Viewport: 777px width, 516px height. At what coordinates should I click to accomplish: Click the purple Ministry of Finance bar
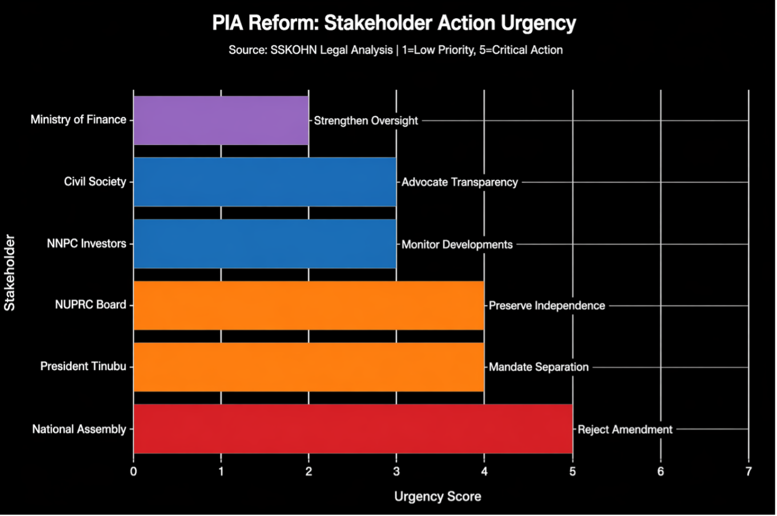tap(221, 120)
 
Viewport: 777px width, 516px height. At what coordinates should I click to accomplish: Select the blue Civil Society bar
tap(265, 182)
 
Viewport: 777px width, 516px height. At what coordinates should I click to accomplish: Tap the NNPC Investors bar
tap(265, 244)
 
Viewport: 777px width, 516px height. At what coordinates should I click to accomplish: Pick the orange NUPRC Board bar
tap(309, 305)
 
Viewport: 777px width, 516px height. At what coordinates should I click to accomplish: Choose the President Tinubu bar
tap(309, 367)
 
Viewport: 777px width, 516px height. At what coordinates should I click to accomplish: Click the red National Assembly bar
tap(353, 429)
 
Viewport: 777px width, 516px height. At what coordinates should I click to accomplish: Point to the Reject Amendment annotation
tap(624, 430)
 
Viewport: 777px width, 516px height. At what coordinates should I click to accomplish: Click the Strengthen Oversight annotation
tap(366, 121)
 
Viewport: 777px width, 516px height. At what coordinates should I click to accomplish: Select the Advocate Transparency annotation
tap(459, 182)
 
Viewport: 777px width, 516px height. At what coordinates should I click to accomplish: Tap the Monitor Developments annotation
tap(456, 245)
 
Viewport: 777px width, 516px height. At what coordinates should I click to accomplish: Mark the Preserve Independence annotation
tap(547, 306)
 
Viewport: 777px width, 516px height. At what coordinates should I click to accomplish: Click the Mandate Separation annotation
tap(539, 367)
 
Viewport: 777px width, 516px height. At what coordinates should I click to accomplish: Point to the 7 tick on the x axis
tap(748, 471)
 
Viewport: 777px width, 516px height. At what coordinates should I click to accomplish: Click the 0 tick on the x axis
tap(133, 471)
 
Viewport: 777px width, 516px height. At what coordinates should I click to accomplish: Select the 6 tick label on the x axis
tap(660, 471)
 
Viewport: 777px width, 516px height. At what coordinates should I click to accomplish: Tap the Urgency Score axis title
tap(437, 497)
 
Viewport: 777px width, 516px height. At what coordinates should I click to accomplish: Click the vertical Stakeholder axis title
tap(10, 272)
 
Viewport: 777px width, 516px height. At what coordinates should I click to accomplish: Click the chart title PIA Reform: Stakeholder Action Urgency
tap(394, 23)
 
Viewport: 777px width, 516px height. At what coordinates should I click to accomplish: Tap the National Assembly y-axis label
tap(79, 429)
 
